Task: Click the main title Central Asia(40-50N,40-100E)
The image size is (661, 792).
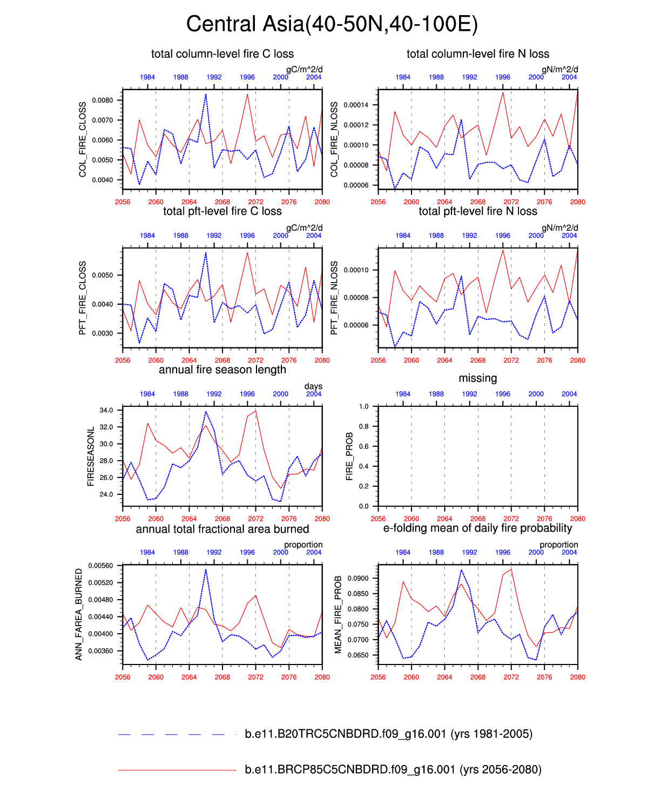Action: tap(332, 24)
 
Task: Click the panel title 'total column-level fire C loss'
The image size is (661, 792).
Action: tap(222, 54)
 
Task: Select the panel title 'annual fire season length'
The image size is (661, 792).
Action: tap(222, 370)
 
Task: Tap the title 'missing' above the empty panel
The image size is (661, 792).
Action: tap(477, 378)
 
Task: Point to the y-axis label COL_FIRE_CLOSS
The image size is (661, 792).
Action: tap(83, 139)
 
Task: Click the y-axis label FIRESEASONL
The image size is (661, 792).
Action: tap(91, 456)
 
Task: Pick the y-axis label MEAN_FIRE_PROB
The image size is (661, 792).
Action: tap(339, 614)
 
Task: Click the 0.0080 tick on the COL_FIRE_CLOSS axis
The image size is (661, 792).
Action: tap(103, 100)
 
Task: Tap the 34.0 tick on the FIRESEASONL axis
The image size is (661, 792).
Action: tap(106, 411)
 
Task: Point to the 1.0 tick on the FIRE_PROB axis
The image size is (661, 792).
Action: tap(363, 407)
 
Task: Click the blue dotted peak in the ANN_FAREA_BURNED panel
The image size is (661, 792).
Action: tap(206, 569)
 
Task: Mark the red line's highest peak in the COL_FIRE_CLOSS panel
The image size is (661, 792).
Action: tap(247, 95)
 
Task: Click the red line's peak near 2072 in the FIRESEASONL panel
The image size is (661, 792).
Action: tap(255, 411)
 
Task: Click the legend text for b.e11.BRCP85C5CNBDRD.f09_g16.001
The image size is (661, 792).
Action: tap(393, 769)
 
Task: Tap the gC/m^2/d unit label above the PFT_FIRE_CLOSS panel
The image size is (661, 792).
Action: tap(304, 228)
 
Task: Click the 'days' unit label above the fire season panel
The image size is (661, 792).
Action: tap(313, 386)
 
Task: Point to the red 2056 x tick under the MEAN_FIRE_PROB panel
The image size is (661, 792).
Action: tap(378, 677)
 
